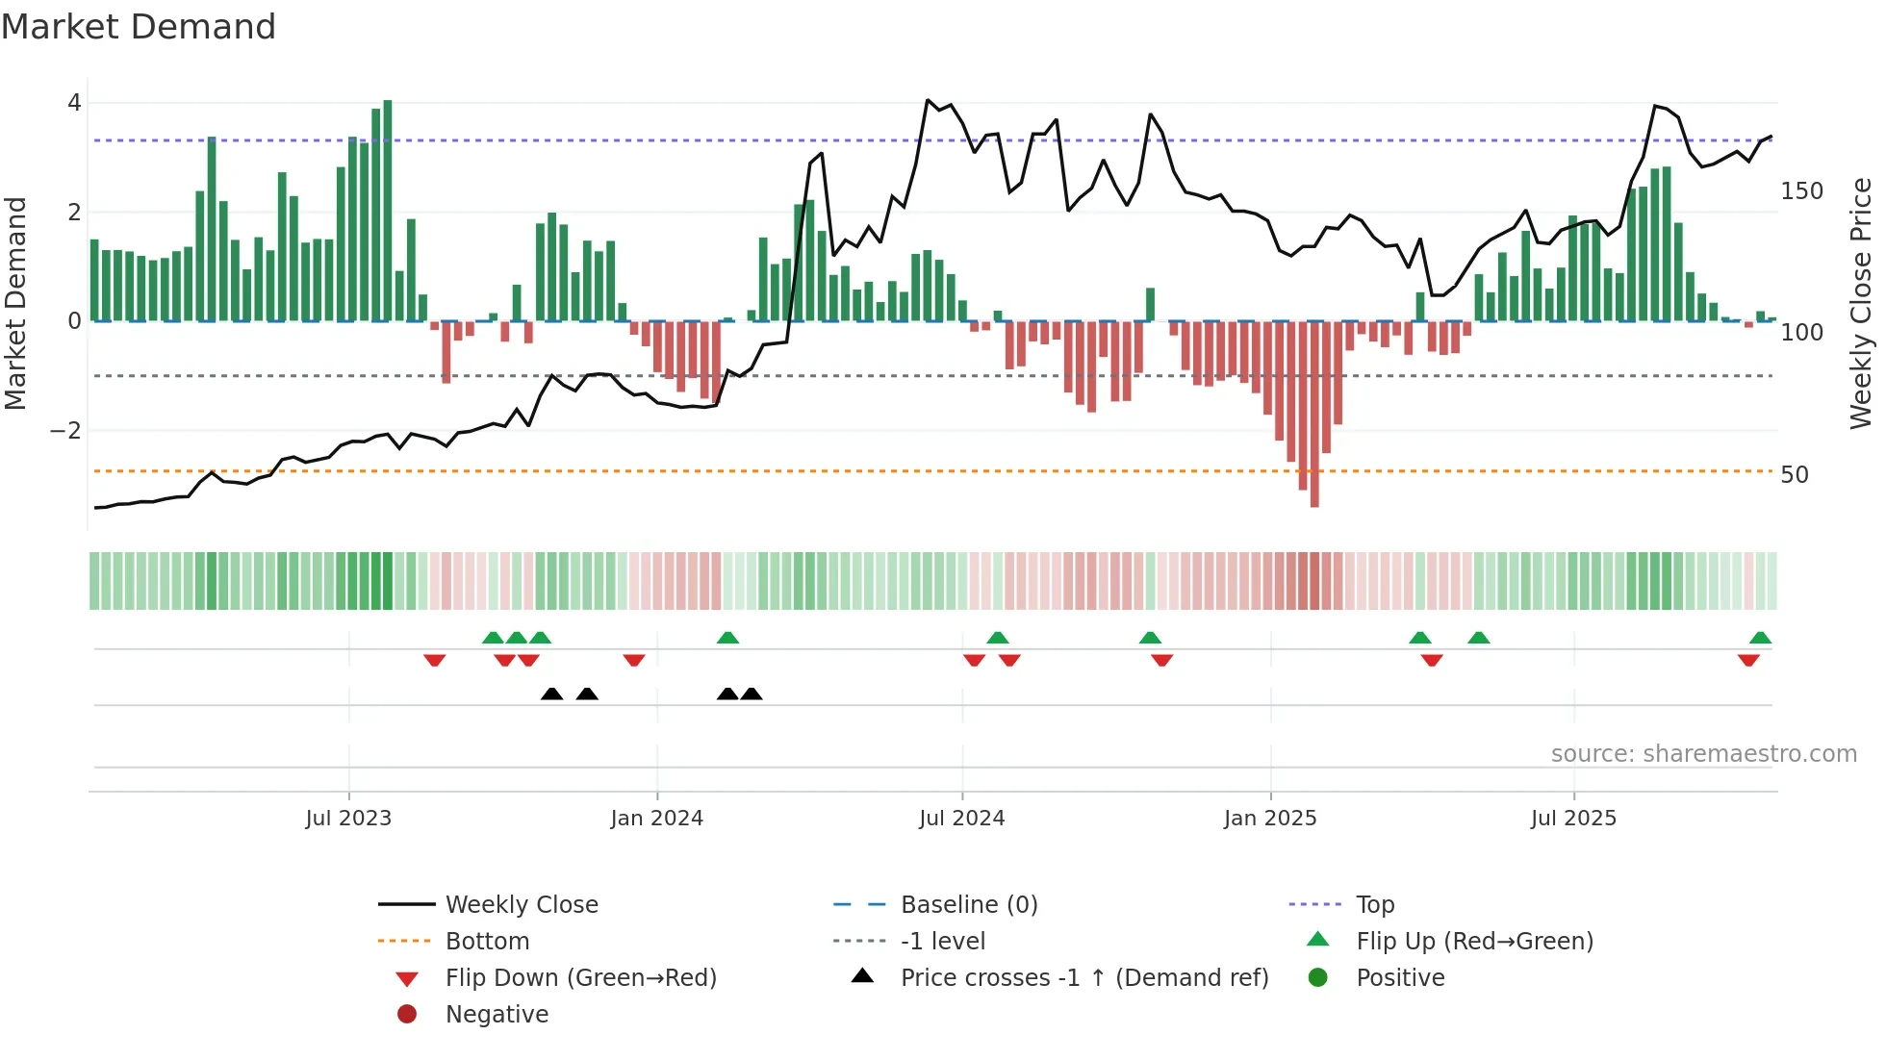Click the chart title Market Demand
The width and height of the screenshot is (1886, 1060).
click(x=139, y=27)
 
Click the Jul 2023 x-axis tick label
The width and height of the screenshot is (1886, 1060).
click(x=348, y=819)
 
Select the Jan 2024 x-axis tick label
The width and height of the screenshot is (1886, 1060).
click(x=656, y=819)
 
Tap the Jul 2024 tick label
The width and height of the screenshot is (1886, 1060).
click(x=961, y=819)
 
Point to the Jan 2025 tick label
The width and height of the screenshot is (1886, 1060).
click(x=1270, y=819)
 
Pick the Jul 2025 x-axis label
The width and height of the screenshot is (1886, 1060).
click(x=1573, y=819)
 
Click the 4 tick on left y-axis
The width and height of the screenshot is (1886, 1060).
click(x=74, y=103)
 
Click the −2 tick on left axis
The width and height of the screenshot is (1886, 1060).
click(x=65, y=431)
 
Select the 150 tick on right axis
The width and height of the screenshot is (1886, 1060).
click(x=1801, y=191)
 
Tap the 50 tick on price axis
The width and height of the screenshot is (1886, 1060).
click(x=1794, y=475)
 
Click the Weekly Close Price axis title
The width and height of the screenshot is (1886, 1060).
click(x=1860, y=303)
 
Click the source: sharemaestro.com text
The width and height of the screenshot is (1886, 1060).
click(x=1703, y=754)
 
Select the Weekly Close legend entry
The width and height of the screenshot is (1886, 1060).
click(x=521, y=905)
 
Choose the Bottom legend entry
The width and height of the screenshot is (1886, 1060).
click(x=487, y=942)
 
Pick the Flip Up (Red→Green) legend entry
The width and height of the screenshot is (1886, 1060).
click(x=1474, y=942)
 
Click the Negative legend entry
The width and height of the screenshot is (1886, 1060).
click(x=497, y=1015)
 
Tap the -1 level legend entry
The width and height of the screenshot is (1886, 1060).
click(x=942, y=942)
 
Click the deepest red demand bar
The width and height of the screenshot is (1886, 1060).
click(x=1314, y=414)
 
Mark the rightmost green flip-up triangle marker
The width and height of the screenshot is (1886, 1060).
click(x=1760, y=638)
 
